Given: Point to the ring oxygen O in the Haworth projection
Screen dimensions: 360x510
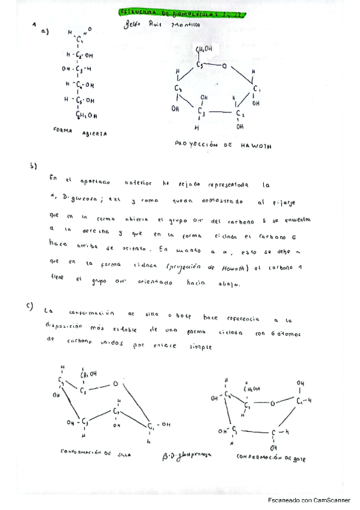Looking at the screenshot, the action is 222,66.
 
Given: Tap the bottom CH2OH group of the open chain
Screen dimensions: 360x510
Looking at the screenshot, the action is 87,115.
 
